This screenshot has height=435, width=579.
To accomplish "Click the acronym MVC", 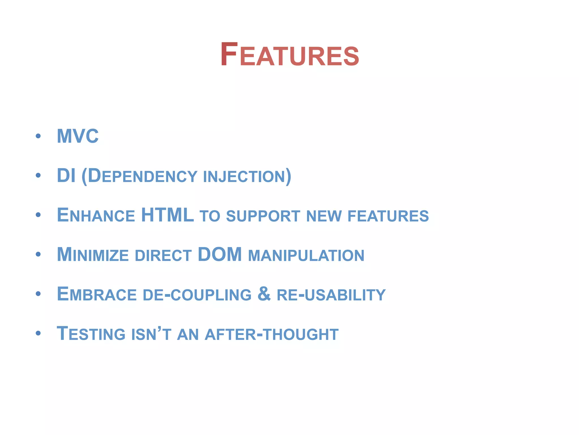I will click(x=78, y=136).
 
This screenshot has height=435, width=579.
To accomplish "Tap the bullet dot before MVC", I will click(x=38, y=136).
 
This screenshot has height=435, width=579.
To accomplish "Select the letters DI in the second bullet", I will click(x=66, y=176).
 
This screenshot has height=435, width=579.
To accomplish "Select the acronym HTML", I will click(x=167, y=215).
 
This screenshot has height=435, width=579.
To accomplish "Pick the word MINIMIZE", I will click(x=93, y=255).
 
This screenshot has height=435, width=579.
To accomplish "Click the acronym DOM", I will click(x=220, y=254).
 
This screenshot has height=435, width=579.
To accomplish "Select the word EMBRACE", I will click(x=97, y=294).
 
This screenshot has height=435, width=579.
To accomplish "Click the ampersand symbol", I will click(x=264, y=294).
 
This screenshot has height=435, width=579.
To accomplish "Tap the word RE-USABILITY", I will click(x=331, y=295).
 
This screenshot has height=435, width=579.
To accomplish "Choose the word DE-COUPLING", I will click(x=197, y=295).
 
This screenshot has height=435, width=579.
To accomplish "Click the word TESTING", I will click(x=91, y=334).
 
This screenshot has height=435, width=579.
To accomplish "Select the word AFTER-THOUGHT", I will click(x=271, y=334).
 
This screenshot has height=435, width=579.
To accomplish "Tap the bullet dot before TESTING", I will click(x=38, y=333).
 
